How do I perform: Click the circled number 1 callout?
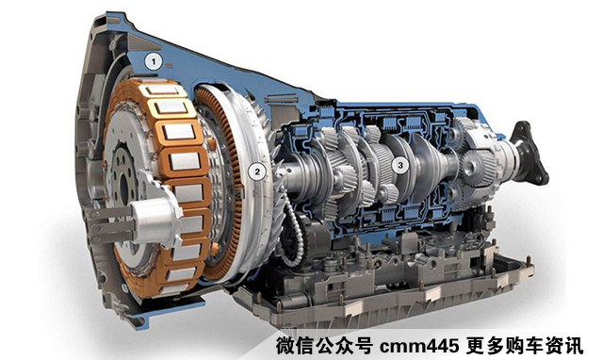(x=154, y=61)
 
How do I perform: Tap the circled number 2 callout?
(x=257, y=172)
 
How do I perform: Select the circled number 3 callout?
(x=400, y=165)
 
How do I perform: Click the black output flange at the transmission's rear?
(x=530, y=153)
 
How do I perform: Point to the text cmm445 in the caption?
(x=418, y=346)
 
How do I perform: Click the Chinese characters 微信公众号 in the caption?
(x=324, y=346)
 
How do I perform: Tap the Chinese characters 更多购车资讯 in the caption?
(x=524, y=346)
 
